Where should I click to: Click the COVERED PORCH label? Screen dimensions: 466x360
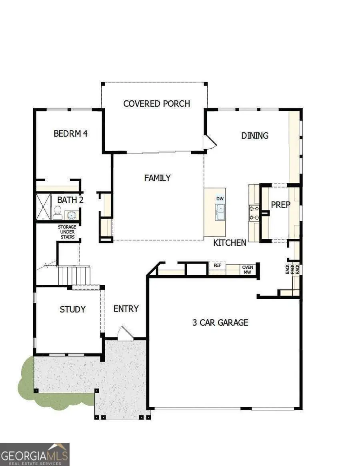point(156,104)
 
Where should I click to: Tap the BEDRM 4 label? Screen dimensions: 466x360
point(70,134)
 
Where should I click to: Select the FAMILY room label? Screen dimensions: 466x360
point(158,178)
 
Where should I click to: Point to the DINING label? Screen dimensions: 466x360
point(255,136)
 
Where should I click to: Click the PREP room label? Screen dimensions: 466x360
point(280,204)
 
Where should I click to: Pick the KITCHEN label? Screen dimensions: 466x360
point(230,242)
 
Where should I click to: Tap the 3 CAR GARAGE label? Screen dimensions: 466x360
point(220,322)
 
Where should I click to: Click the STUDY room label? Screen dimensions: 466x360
point(72,309)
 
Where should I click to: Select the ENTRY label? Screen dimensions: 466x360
point(126,309)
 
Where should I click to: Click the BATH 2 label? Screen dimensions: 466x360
point(70,200)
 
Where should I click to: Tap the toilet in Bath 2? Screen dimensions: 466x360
point(58,213)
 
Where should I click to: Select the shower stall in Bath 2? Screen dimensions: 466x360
point(43,207)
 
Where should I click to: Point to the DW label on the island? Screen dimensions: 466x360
point(220,199)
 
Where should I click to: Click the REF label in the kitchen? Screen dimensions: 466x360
point(217,265)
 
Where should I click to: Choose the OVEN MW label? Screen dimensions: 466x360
point(248,270)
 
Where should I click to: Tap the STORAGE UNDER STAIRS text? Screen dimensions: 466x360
point(67,232)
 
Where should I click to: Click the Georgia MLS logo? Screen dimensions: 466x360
point(35,454)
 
